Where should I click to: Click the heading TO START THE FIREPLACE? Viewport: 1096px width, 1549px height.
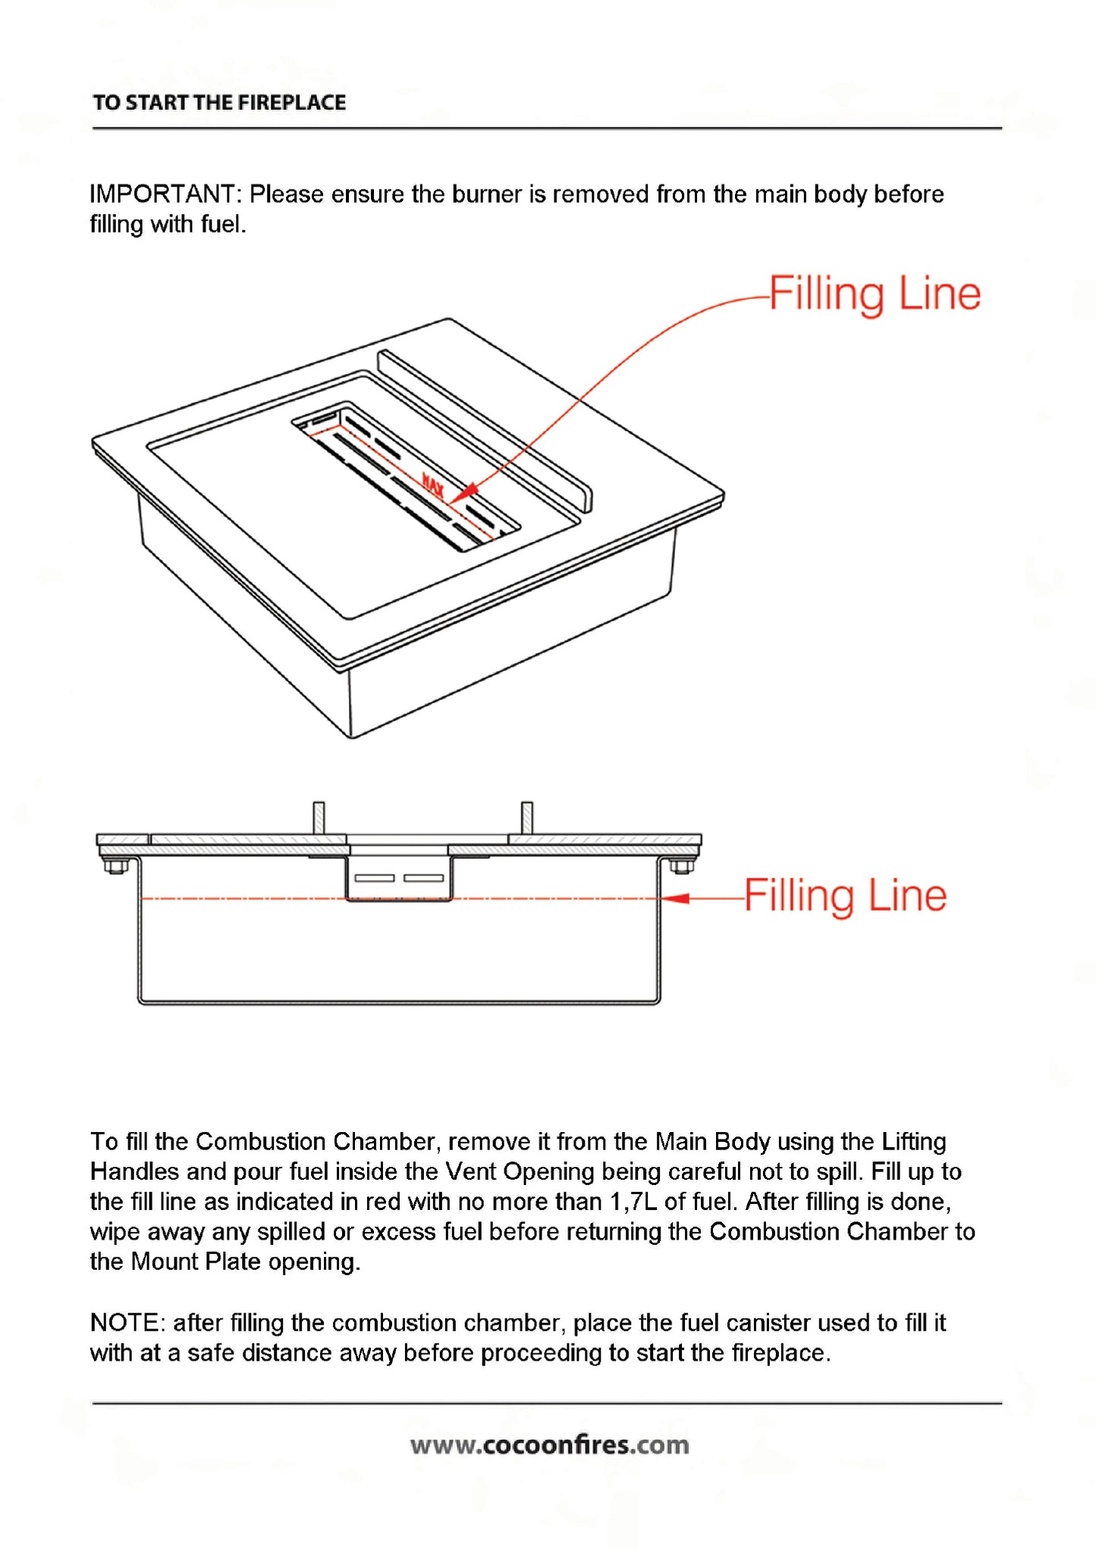click(x=219, y=102)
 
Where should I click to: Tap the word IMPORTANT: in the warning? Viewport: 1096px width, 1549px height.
click(x=165, y=194)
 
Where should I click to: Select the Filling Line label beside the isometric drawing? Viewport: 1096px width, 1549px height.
click(x=875, y=294)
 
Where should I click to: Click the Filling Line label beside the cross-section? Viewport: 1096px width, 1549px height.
click(x=846, y=895)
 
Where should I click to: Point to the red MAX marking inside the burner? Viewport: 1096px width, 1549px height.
click(x=433, y=486)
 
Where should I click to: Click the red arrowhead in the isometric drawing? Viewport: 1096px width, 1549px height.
click(x=463, y=493)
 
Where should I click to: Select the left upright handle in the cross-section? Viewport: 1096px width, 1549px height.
click(x=319, y=818)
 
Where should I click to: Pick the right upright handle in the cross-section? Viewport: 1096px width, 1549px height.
click(x=527, y=818)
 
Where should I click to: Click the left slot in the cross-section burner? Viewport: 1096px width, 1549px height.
click(x=375, y=878)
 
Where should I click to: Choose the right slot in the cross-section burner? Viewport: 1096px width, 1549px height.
click(x=424, y=878)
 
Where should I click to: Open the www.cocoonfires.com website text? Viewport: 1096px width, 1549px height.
click(x=550, y=1445)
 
